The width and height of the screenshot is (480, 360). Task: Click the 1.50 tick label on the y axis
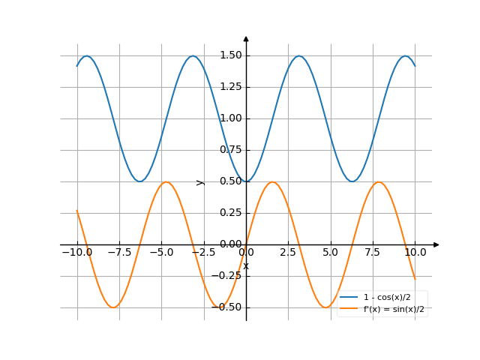pyautogui.click(x=230, y=55)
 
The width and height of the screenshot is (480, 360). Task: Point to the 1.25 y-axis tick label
pyautogui.click(x=230, y=87)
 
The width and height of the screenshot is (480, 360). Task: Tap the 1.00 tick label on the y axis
pyautogui.click(x=230, y=118)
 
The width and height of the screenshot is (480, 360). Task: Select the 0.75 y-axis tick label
pyautogui.click(x=230, y=150)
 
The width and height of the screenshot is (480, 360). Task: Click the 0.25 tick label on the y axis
pyautogui.click(x=230, y=213)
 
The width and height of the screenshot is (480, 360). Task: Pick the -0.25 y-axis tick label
pyautogui.click(x=228, y=276)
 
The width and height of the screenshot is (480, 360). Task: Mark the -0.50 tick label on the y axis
pyautogui.click(x=228, y=307)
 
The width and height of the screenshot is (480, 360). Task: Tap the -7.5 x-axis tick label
pyautogui.click(x=118, y=253)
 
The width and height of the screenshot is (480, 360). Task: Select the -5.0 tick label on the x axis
pyautogui.click(x=160, y=253)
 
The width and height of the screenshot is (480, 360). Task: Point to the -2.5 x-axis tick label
pyautogui.click(x=202, y=253)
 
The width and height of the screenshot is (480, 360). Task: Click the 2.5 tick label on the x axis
pyautogui.click(x=288, y=253)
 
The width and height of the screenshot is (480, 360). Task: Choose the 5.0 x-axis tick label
pyautogui.click(x=331, y=253)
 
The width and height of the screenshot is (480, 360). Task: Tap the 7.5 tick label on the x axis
pyautogui.click(x=373, y=253)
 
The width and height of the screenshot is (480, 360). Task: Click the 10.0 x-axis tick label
pyautogui.click(x=415, y=253)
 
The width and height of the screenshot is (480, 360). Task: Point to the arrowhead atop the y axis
pyautogui.click(x=246, y=38)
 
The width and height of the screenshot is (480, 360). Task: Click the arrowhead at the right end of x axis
pyautogui.click(x=436, y=244)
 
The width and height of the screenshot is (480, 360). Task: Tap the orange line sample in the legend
pyautogui.click(x=348, y=308)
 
